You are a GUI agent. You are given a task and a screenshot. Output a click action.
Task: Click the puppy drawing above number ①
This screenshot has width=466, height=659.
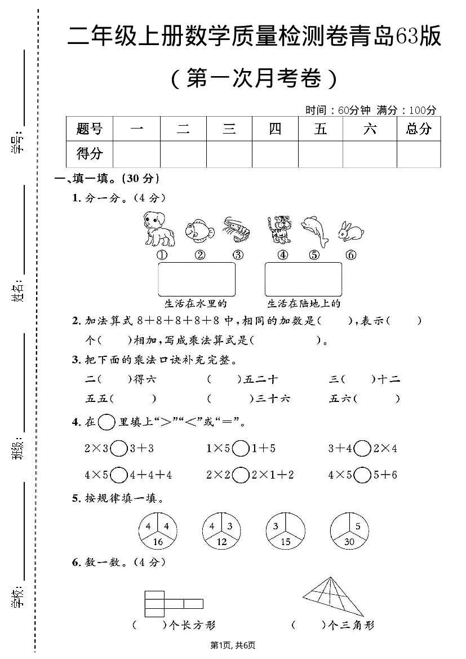point(158,229)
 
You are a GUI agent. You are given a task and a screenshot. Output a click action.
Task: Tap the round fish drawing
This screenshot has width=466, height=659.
point(199,231)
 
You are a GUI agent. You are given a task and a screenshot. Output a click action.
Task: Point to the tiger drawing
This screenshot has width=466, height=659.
point(278,229)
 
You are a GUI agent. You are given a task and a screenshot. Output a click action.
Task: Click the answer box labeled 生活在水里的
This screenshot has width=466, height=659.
point(196,279)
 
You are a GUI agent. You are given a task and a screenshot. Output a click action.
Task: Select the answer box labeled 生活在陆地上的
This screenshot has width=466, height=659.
point(303,279)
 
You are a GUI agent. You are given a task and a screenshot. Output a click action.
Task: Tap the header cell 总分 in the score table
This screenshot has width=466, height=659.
point(418,129)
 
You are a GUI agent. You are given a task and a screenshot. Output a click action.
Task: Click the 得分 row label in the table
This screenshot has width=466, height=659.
point(90,153)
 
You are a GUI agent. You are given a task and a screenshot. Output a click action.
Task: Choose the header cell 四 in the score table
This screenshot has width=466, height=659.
point(275,129)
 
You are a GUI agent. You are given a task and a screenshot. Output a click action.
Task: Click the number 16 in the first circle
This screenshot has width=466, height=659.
point(158,542)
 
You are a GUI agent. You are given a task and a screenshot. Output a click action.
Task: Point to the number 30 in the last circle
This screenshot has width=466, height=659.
point(350,542)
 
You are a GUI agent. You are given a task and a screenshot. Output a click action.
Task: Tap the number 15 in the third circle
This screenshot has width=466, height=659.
point(286,542)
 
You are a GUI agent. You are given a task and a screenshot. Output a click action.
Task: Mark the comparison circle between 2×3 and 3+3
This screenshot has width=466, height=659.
point(119,449)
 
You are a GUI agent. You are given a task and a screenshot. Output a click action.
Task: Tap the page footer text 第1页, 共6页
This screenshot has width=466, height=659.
point(233,645)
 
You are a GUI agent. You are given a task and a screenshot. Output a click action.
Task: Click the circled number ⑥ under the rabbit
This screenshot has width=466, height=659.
point(351,255)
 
